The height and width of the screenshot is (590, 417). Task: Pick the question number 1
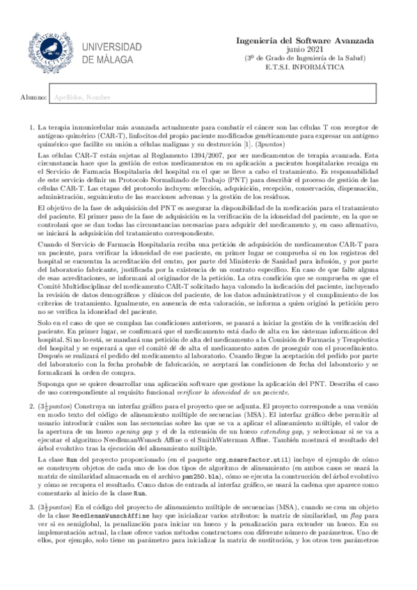(31, 127)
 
